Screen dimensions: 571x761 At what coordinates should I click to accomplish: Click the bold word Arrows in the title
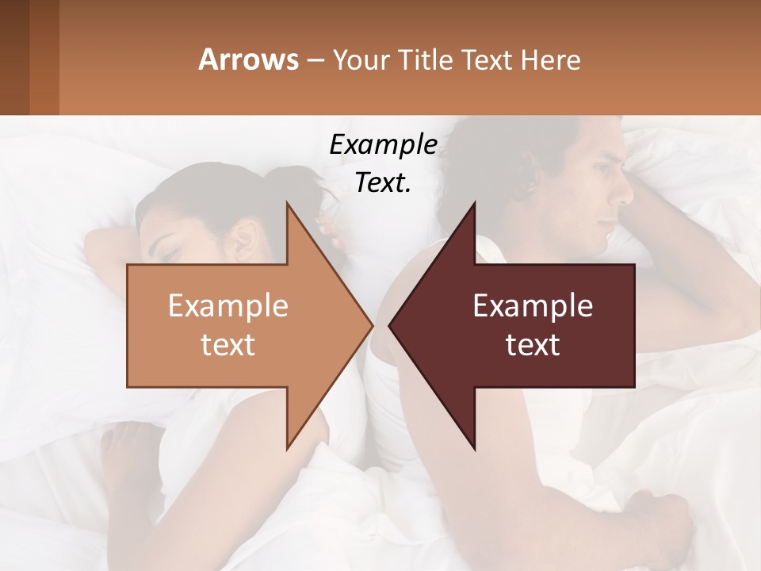[x=249, y=60]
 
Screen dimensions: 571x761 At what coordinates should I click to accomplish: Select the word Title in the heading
[x=425, y=60]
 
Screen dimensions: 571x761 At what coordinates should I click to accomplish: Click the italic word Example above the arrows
[x=383, y=145]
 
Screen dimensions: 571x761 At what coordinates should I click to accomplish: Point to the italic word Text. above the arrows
[x=383, y=182]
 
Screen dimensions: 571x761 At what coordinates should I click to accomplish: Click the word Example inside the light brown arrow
[x=228, y=306]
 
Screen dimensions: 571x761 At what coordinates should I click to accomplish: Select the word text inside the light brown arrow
[x=228, y=344]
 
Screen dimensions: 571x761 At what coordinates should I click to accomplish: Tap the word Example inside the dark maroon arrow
[x=533, y=306]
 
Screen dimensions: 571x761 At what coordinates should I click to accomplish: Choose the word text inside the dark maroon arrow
[x=533, y=344]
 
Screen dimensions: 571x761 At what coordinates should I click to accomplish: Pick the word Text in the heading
[x=484, y=60]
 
